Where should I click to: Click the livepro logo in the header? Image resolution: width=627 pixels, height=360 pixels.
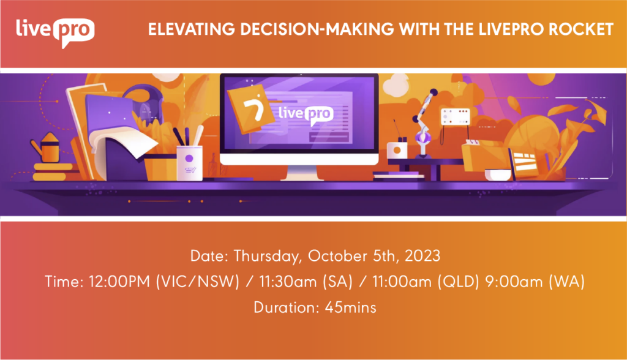(x=55, y=32)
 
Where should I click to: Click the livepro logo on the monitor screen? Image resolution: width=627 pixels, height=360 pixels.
(x=306, y=115)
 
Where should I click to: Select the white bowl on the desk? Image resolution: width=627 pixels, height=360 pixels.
(x=498, y=175)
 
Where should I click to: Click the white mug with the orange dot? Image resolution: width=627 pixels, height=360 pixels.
(x=397, y=151)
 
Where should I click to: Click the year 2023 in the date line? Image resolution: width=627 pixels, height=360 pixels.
(x=422, y=255)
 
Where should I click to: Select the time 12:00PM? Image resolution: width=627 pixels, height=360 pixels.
(x=119, y=282)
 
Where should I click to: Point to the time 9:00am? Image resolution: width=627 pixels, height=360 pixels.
(x=514, y=282)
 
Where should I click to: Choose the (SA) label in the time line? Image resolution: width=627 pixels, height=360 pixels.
(x=338, y=282)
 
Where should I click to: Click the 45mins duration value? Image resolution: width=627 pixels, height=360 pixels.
(x=350, y=307)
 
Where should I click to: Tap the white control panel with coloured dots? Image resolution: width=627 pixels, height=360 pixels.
(x=455, y=117)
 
